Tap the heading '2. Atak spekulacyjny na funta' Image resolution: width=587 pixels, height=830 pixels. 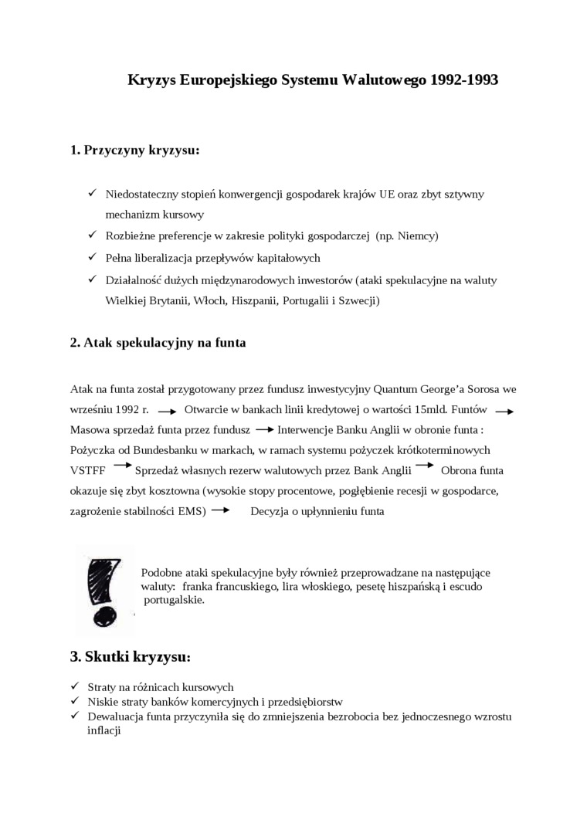[x=158, y=342]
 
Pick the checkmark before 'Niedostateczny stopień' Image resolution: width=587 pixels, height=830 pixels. [x=92, y=194]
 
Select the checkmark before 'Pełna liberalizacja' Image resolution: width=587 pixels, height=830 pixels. [x=92, y=257]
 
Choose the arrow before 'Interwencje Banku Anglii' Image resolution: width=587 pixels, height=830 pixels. [x=264, y=429]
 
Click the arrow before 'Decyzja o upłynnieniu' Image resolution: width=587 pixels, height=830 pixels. [x=220, y=510]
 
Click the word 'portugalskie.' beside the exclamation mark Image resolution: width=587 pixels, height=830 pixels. [x=174, y=599]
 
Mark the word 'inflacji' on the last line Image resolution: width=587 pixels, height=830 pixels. [x=104, y=730]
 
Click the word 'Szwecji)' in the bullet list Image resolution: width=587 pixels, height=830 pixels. [x=358, y=300]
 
